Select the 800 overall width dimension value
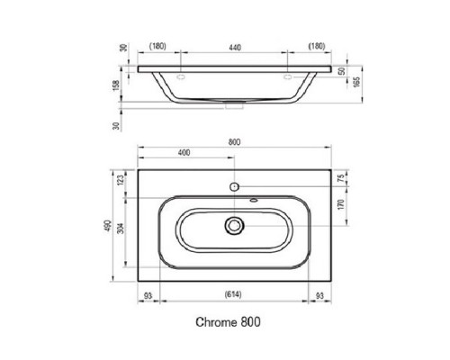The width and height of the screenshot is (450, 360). [x=234, y=141]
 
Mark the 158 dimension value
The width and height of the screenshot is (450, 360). [x=117, y=86]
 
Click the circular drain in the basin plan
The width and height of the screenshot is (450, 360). [x=234, y=224]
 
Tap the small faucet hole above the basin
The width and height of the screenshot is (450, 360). [x=234, y=186]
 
